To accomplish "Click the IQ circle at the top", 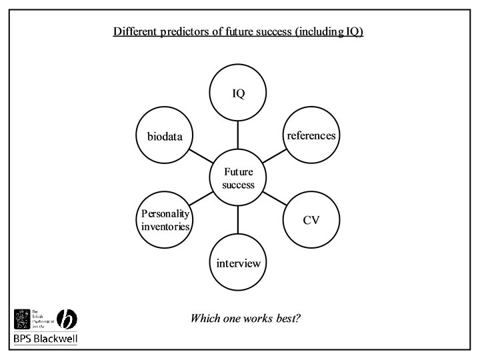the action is tap(238, 93).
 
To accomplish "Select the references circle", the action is tap(311, 136).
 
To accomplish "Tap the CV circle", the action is tap(311, 220).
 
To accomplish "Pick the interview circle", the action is tap(238, 263).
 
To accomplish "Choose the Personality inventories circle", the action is tap(165, 220).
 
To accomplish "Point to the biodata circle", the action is tap(165, 137).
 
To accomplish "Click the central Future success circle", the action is tap(238, 178).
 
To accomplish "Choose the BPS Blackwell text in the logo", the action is tap(45, 339).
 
